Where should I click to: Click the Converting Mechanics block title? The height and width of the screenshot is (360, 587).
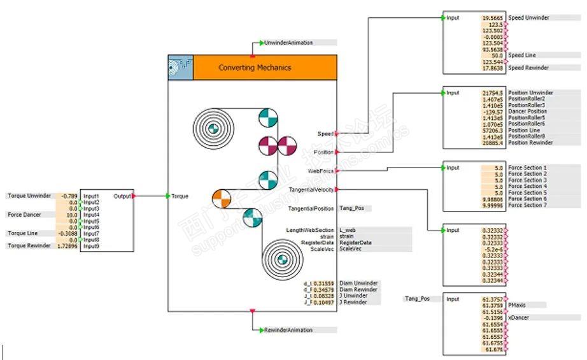pyautogui.click(x=255, y=68)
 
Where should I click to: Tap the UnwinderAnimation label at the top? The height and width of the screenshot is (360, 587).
pyautogui.click(x=288, y=43)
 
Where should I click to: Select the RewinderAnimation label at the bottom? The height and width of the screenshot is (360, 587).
pyautogui.click(x=288, y=330)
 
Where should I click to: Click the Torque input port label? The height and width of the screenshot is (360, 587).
pyautogui.click(x=180, y=196)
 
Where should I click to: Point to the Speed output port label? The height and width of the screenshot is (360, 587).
pyautogui.click(x=325, y=134)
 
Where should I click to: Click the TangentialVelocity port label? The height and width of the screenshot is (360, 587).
pyautogui.click(x=311, y=190)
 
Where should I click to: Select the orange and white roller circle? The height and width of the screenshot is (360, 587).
pyautogui.click(x=221, y=198)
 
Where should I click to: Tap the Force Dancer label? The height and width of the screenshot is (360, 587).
pyautogui.click(x=24, y=215)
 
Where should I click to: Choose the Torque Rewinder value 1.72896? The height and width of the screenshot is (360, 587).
pyautogui.click(x=67, y=245)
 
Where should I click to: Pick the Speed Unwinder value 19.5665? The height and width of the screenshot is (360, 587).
pyautogui.click(x=493, y=18)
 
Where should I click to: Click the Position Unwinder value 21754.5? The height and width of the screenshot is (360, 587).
pyautogui.click(x=493, y=93)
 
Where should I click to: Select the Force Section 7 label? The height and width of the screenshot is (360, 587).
pyautogui.click(x=528, y=205)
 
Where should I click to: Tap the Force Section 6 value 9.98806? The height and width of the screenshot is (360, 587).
pyautogui.click(x=493, y=199)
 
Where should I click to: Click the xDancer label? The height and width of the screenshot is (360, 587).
pyautogui.click(x=520, y=317)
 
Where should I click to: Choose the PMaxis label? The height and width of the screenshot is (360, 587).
pyautogui.click(x=518, y=305)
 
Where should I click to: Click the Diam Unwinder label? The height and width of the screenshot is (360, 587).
pyautogui.click(x=358, y=283)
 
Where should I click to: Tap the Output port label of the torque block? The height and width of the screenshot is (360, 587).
pyautogui.click(x=122, y=196)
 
